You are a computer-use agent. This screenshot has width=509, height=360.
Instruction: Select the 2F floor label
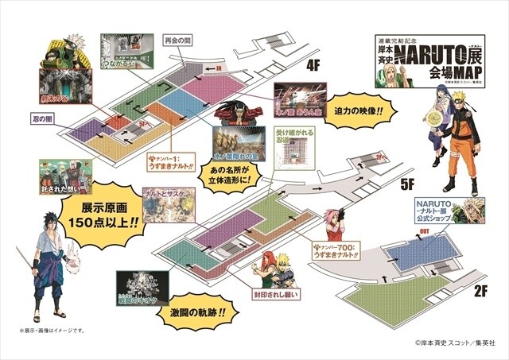pyautogui.click(x=479, y=292)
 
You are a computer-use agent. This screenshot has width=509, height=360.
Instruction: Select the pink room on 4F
pyautogui.click(x=198, y=77)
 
